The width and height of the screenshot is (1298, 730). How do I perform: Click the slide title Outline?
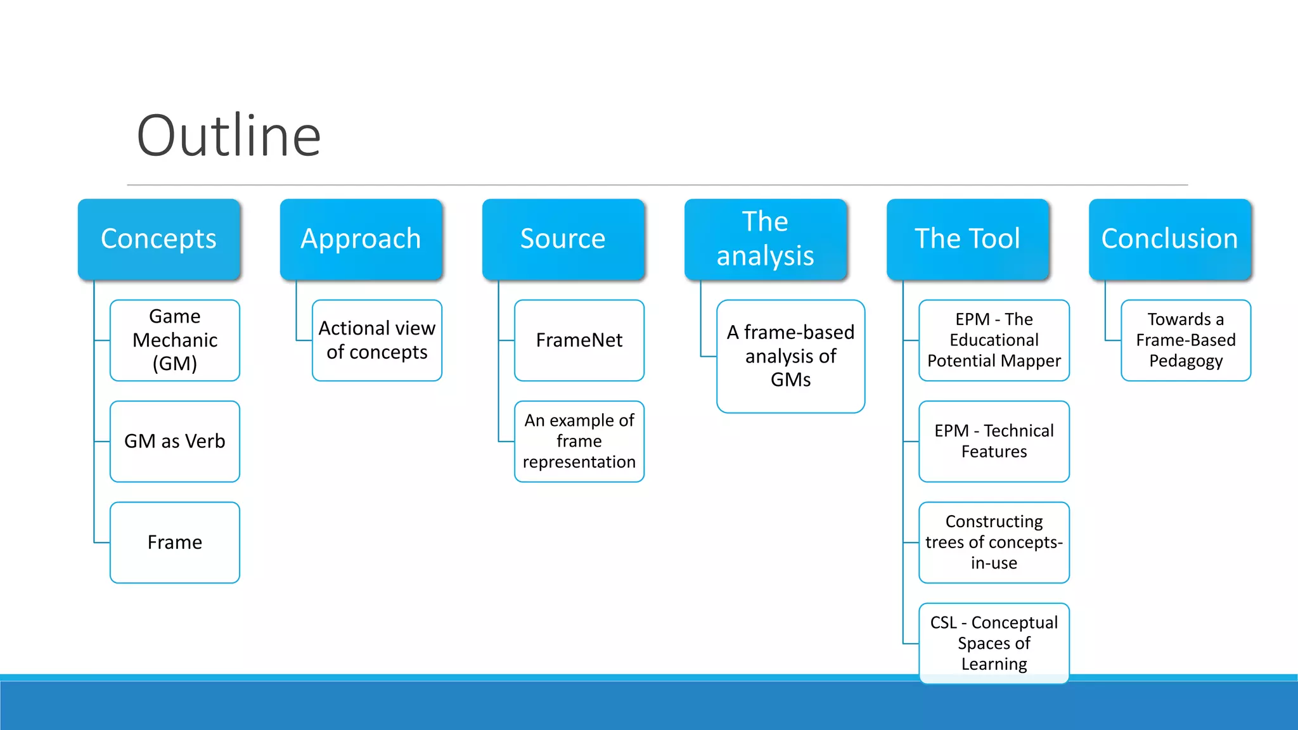(x=229, y=136)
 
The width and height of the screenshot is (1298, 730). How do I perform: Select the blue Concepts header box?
(x=159, y=239)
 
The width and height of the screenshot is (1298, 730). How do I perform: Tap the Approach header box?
(x=361, y=239)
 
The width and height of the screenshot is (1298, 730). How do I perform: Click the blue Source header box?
(x=563, y=239)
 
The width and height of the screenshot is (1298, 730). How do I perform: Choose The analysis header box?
(x=765, y=239)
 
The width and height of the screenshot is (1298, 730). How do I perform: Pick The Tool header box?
(x=967, y=239)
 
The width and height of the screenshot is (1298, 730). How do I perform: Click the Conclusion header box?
(x=1169, y=239)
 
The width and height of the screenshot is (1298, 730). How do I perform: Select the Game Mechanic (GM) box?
(x=175, y=340)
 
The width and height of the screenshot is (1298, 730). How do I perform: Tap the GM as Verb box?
(x=175, y=441)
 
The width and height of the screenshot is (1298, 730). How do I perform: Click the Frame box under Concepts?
(x=175, y=542)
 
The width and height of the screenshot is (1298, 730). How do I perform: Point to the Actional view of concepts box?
(x=377, y=340)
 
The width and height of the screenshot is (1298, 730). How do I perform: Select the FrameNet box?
(x=579, y=340)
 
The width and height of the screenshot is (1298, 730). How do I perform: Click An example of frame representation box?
(x=579, y=441)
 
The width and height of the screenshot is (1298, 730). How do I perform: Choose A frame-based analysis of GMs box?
(x=790, y=356)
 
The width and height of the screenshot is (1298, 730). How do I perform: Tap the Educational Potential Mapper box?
(x=994, y=340)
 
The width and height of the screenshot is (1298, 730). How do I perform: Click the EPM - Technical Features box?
(x=994, y=441)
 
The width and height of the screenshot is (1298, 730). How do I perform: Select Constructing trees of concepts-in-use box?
(x=994, y=542)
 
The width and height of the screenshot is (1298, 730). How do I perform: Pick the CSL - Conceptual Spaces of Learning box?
(x=994, y=643)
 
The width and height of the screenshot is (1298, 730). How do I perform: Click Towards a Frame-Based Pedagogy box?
(x=1186, y=340)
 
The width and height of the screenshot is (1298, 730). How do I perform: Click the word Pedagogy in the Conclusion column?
(x=1186, y=361)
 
